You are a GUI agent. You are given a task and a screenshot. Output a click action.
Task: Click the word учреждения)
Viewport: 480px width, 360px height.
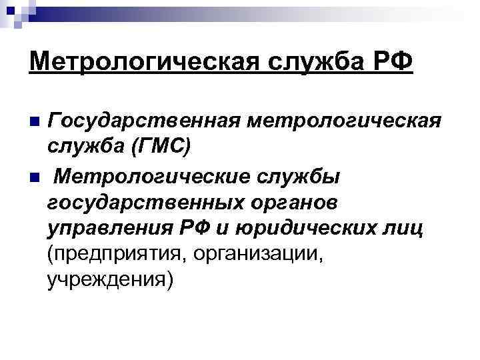coord(110,280)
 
